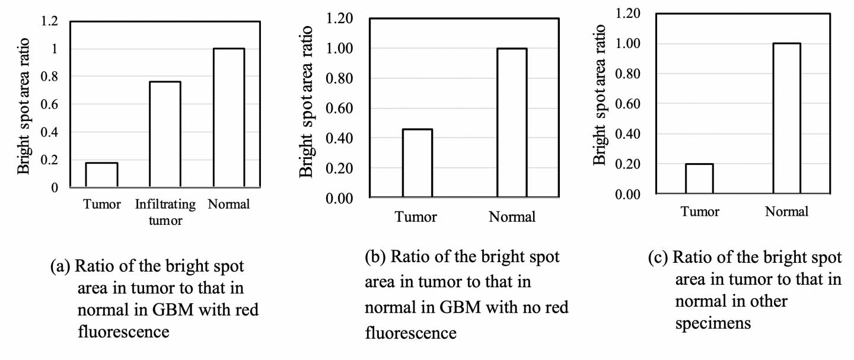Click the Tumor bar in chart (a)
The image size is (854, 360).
coord(102,175)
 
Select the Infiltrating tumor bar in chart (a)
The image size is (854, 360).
coord(165,135)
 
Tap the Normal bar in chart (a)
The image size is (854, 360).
coord(228,118)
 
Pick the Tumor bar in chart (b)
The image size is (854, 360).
coord(417,163)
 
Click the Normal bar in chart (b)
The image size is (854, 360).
coord(512,123)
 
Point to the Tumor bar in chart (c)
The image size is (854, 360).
coord(699,179)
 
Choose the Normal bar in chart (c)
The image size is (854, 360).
coord(786,119)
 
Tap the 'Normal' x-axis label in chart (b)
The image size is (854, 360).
coord(512,217)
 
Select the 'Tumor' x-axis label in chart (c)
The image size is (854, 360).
coord(700,212)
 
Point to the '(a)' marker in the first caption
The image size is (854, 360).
coord(61,266)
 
